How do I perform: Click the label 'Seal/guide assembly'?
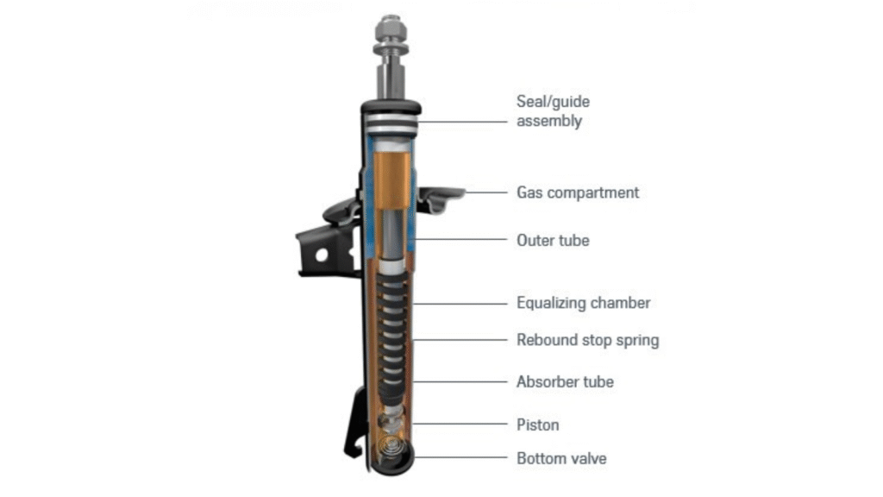tap(553, 111)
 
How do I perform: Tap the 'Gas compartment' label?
tap(578, 192)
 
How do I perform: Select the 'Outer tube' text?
tap(553, 240)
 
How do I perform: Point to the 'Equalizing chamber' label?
tap(583, 303)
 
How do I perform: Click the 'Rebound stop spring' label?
tap(587, 340)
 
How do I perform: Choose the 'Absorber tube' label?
tap(565, 381)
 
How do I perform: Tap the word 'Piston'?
tap(537, 425)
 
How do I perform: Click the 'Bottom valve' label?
tap(560, 458)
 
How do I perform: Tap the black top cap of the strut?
tap(391, 108)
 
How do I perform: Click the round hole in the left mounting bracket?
tap(321, 255)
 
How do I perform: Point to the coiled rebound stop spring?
tap(392, 328)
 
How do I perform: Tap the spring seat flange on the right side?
tap(441, 197)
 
